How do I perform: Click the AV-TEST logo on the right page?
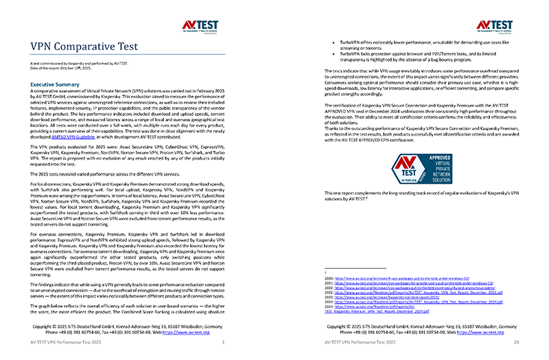pyautogui.click(x=490, y=25)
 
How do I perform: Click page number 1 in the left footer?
pyautogui.click(x=223, y=341)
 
